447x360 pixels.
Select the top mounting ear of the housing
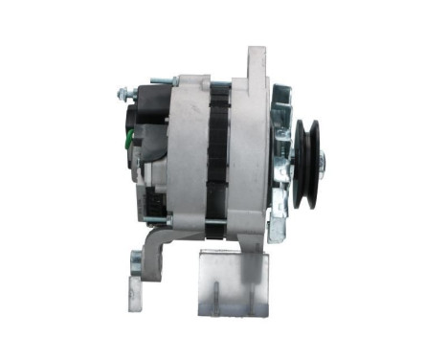257,62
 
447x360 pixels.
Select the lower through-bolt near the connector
168,220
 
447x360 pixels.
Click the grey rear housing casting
187,153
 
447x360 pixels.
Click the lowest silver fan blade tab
278,229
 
